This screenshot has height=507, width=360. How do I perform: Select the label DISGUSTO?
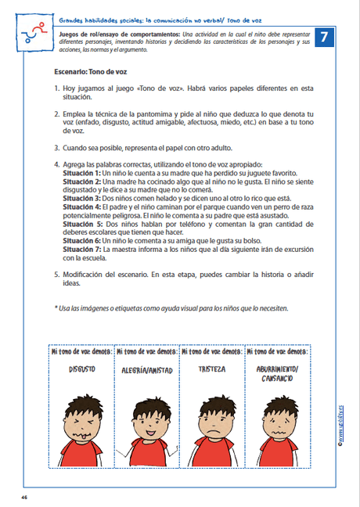pyautogui.click(x=81, y=369)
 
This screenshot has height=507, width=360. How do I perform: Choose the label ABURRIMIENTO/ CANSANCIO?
pyautogui.click(x=276, y=373)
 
